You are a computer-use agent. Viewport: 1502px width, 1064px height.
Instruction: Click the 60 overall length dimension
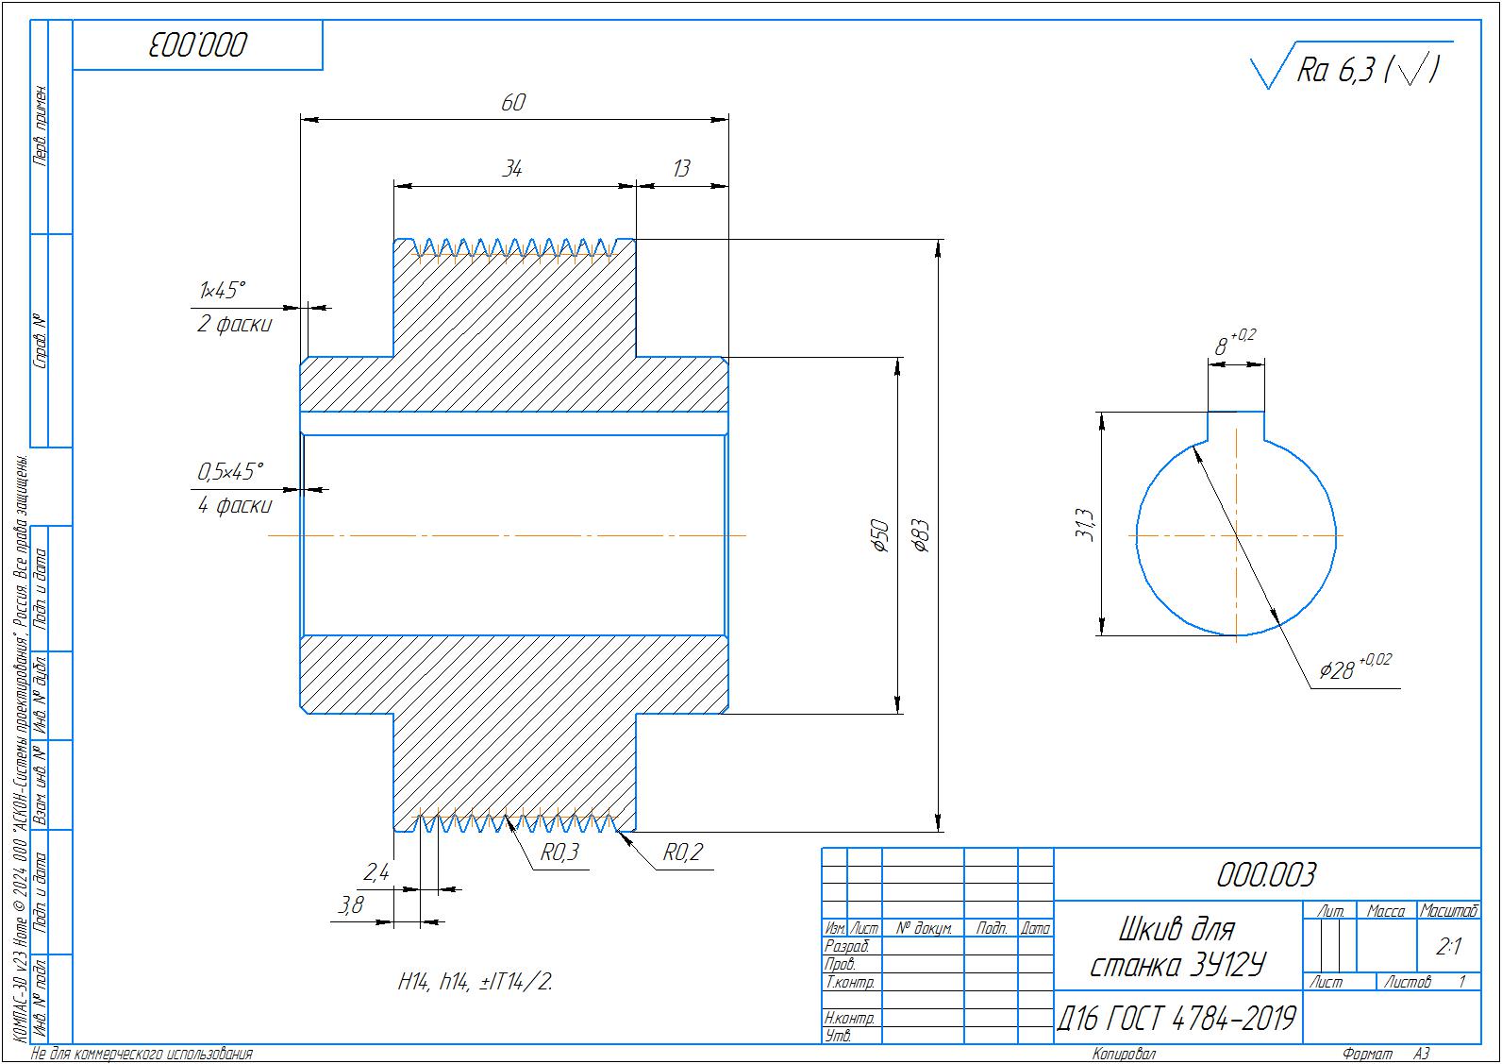point(512,103)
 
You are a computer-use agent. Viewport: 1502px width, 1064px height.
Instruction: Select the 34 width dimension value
point(512,170)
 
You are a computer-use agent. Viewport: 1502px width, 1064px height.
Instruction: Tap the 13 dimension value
point(681,169)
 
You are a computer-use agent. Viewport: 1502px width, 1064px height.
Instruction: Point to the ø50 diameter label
point(879,535)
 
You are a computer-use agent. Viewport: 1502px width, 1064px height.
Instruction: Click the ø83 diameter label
point(922,535)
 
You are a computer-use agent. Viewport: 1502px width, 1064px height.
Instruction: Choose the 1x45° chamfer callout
point(222,290)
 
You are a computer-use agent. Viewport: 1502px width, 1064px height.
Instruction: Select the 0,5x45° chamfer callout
point(230,472)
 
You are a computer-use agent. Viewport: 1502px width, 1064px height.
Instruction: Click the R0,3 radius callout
point(559,853)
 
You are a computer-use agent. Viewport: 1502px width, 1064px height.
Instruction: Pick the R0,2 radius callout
point(682,853)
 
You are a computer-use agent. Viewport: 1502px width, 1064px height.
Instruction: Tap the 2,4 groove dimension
point(376,873)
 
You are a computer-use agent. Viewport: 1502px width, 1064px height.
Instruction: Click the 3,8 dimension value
point(350,906)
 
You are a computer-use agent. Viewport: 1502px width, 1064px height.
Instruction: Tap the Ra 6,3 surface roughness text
point(1366,71)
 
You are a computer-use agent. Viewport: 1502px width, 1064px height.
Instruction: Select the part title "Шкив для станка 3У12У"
point(1177,948)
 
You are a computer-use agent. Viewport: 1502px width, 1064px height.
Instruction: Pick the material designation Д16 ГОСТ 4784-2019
point(1177,1020)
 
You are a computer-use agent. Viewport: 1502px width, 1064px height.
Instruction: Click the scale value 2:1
point(1448,947)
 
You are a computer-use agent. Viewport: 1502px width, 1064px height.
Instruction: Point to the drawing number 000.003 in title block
point(1264,876)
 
